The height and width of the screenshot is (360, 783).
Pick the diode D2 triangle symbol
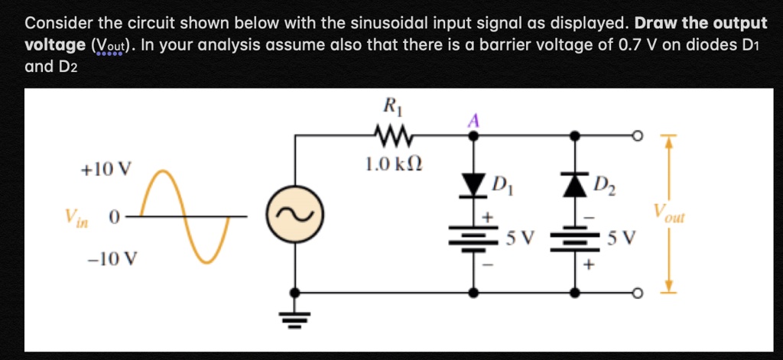point(573,183)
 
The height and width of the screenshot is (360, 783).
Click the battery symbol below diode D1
point(475,238)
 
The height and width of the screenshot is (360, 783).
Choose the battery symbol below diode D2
point(573,238)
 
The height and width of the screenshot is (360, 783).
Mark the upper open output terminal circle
point(634,136)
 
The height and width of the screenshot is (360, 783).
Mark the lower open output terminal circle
point(634,293)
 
